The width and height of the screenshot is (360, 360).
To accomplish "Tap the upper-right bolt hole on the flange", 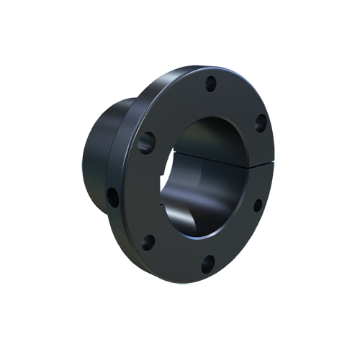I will click(x=260, y=124).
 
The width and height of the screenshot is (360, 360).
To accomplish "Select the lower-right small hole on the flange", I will click(x=257, y=204).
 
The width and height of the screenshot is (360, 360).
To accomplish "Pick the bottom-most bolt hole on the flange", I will click(x=208, y=263).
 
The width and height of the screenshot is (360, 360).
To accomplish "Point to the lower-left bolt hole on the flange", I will click(x=148, y=241).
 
